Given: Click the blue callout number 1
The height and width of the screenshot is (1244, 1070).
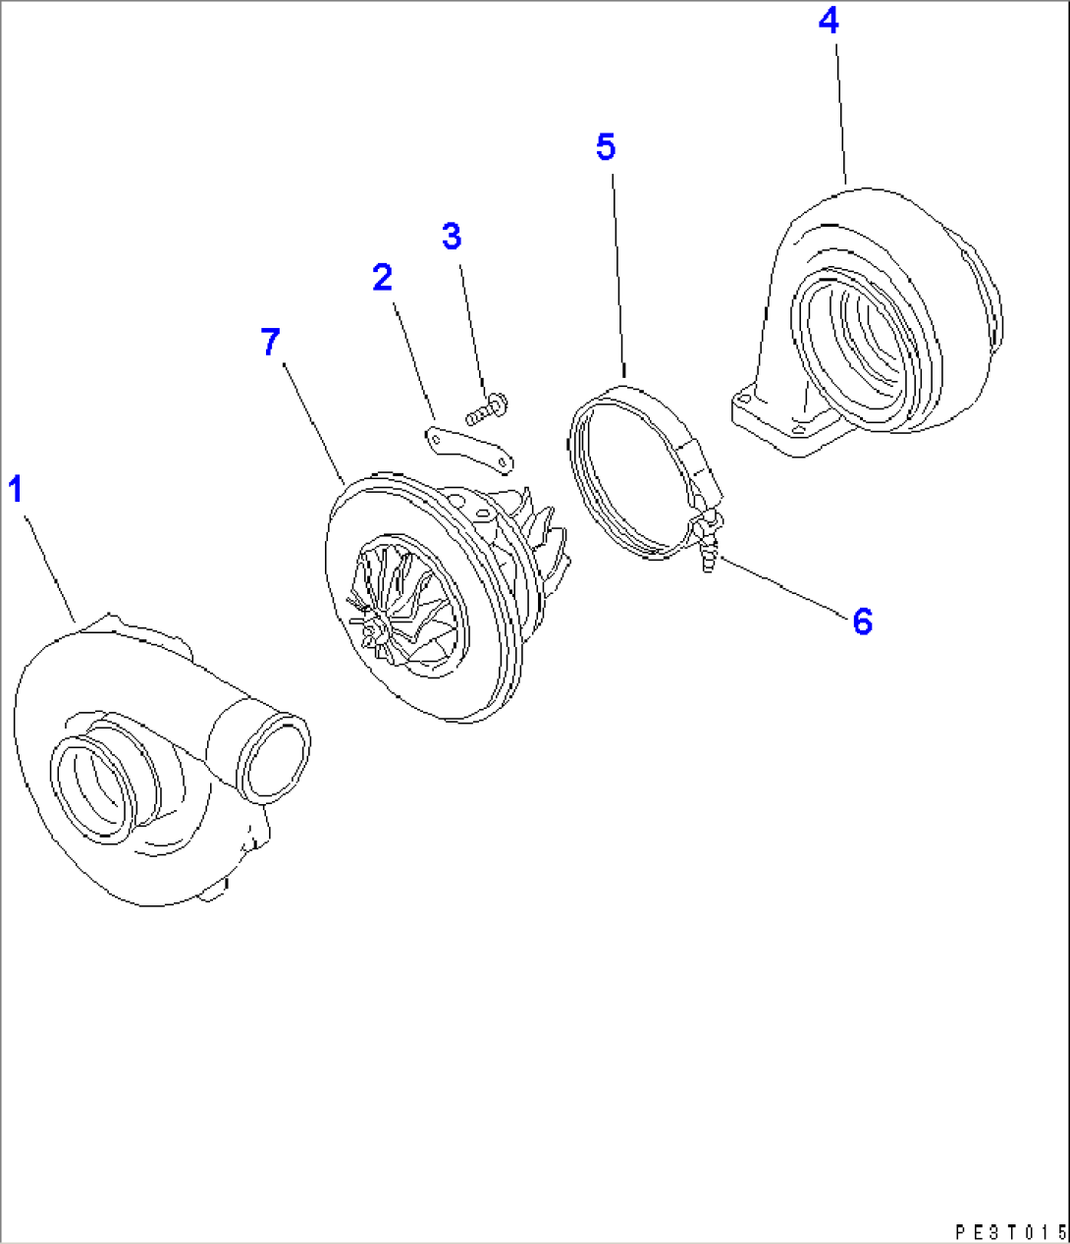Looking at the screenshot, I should click(x=16, y=488).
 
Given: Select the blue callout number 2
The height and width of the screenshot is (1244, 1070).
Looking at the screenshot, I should click(x=382, y=278).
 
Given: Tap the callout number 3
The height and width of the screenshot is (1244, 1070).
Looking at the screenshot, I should click(x=451, y=237).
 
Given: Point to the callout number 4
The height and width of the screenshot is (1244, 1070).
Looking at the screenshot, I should click(x=829, y=22).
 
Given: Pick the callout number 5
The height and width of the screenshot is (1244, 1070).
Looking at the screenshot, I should click(x=606, y=147).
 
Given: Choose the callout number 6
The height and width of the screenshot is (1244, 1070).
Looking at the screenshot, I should click(x=862, y=621).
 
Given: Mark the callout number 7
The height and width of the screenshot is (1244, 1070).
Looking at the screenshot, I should click(x=271, y=343).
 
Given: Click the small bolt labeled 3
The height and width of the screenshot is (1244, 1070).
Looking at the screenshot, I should click(x=486, y=408).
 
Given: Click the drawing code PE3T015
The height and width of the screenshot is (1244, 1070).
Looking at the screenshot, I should click(x=1008, y=1231).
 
